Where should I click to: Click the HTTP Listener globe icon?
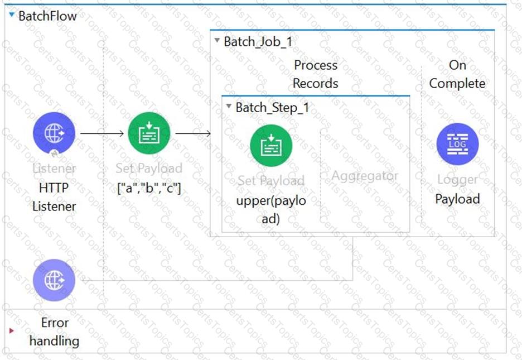click(54, 133)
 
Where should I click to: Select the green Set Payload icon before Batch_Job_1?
click(149, 133)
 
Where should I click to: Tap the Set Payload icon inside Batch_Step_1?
click(271, 146)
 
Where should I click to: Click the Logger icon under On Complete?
click(457, 144)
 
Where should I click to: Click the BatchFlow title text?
click(47, 16)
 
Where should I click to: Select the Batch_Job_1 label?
click(258, 41)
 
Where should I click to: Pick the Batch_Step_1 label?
click(272, 107)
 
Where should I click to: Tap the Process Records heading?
click(316, 74)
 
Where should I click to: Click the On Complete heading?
click(457, 74)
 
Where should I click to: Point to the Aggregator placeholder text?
click(365, 176)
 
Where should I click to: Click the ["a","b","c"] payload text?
click(149, 188)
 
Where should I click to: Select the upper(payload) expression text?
click(271, 209)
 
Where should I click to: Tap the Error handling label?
click(54, 332)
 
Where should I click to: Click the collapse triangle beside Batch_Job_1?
click(217, 41)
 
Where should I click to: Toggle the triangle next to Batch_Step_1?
click(229, 107)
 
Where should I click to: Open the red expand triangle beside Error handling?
click(12, 331)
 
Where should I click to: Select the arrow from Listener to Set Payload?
click(101, 134)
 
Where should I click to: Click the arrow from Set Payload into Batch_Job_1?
click(193, 134)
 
